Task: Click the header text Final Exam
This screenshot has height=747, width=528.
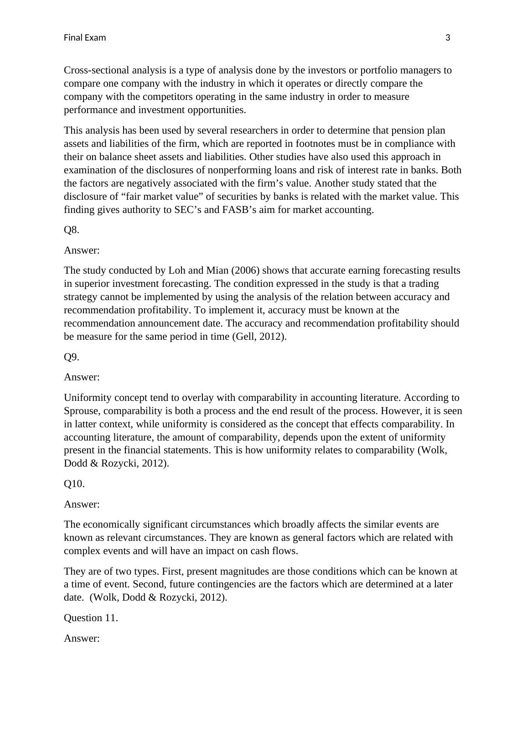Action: (x=85, y=38)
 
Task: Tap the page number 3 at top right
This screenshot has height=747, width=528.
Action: (x=447, y=38)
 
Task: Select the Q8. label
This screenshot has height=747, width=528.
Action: (x=72, y=230)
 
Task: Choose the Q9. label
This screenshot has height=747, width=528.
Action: (x=72, y=357)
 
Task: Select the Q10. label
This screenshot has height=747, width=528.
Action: (x=74, y=484)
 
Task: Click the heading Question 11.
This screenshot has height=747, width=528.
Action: (x=91, y=618)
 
